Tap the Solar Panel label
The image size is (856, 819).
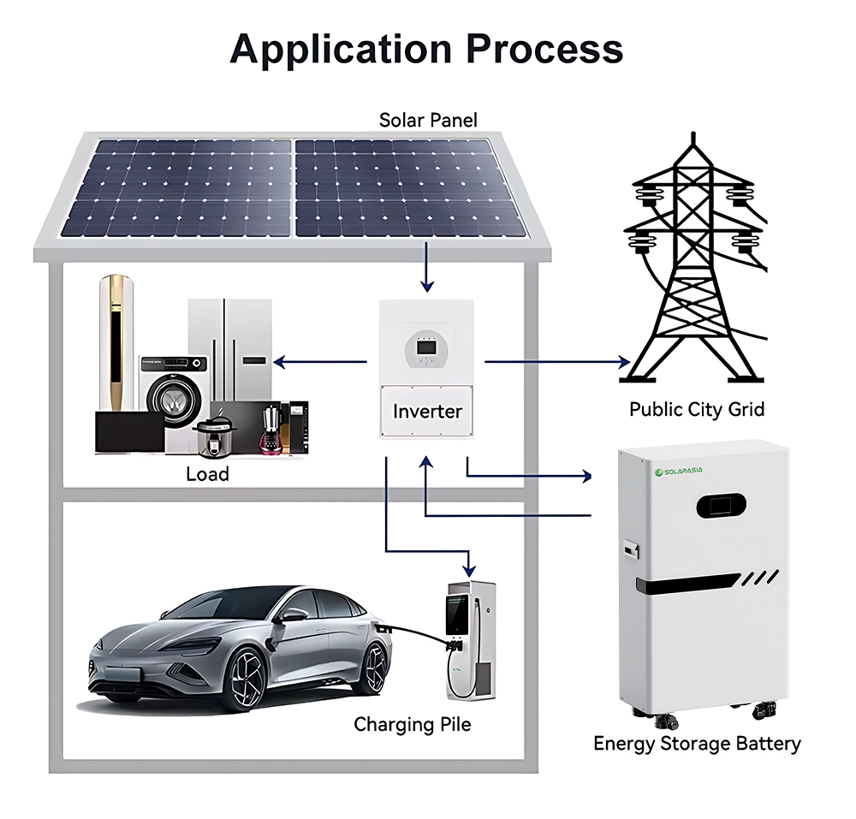pos(428,120)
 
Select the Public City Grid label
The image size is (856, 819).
pos(696,409)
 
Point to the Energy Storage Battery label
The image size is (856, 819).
pos(697,743)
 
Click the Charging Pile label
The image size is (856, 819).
pos(413,725)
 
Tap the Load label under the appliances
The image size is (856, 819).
pos(207,473)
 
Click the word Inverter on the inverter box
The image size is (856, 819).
pos(427,411)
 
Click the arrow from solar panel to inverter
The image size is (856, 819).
pos(425,267)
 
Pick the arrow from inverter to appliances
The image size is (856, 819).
pos(320,362)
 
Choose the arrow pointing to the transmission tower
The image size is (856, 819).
pos(557,362)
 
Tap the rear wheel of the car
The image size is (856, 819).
pos(373,667)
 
